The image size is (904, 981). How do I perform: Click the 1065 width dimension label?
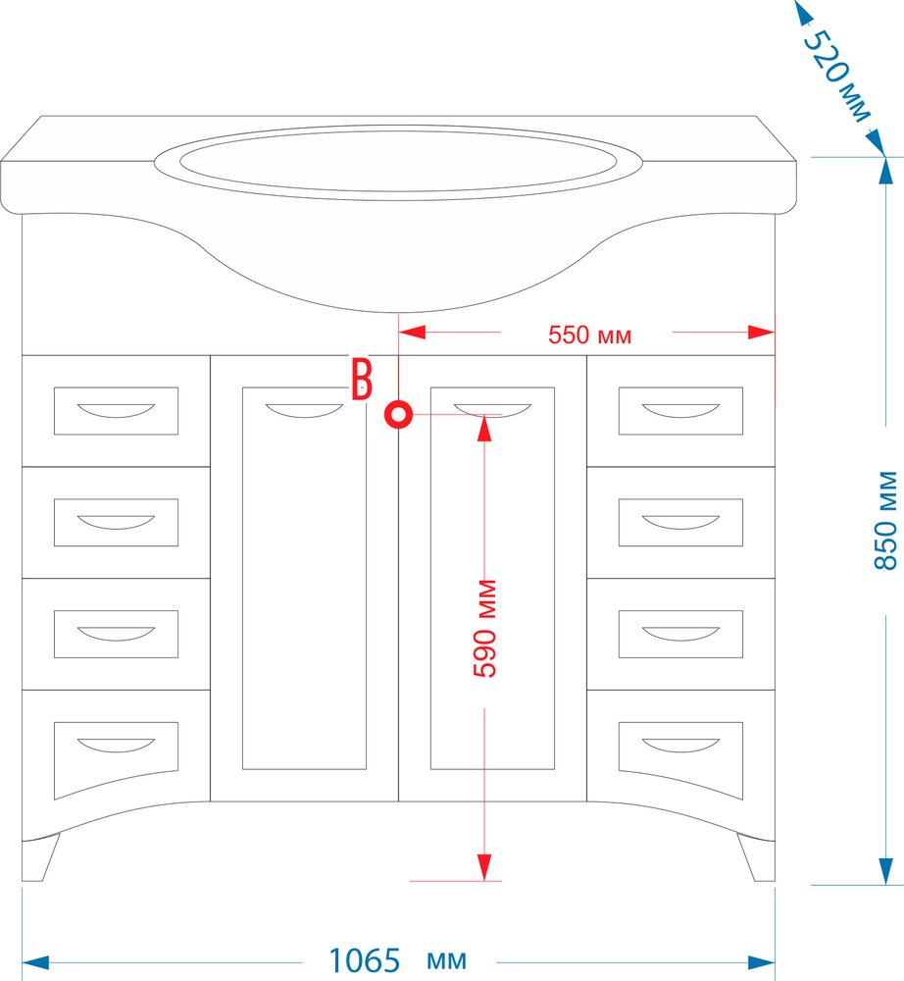pyautogui.click(x=364, y=960)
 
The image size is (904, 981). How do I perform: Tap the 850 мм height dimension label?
pyautogui.click(x=885, y=521)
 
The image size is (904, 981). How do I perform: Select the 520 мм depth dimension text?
pyautogui.click(x=836, y=76)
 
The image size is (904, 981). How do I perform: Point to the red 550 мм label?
pyautogui.click(x=589, y=336)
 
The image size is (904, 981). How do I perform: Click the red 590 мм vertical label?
pyautogui.click(x=485, y=628)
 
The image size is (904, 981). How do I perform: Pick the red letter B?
pyautogui.click(x=362, y=379)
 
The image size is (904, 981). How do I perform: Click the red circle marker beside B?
pyautogui.click(x=398, y=414)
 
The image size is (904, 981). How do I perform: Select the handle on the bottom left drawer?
pyautogui.click(x=116, y=746)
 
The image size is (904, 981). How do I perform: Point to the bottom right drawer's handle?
pyautogui.click(x=680, y=746)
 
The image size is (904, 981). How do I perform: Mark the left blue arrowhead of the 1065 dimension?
pyautogui.click(x=35, y=963)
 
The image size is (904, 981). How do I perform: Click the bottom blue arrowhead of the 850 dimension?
pyautogui.click(x=885, y=871)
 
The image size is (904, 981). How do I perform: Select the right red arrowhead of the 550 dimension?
pyautogui.click(x=762, y=333)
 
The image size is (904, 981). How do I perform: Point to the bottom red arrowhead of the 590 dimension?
pyautogui.click(x=484, y=867)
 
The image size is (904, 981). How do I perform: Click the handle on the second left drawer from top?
pyautogui.click(x=116, y=523)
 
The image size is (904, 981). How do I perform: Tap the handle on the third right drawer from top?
pyautogui.click(x=680, y=634)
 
